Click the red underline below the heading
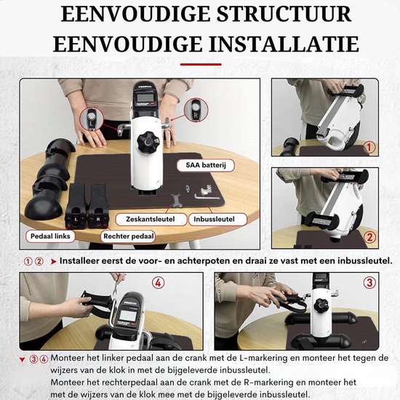point(200,63)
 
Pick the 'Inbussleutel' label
point(217,218)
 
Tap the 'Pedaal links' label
point(49,236)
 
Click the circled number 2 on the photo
point(371,236)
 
